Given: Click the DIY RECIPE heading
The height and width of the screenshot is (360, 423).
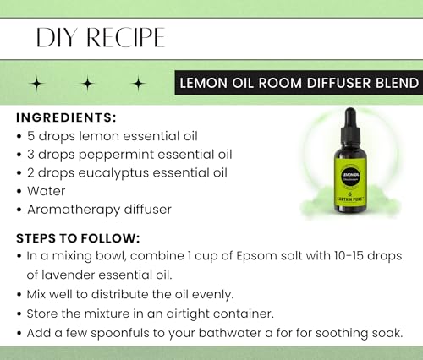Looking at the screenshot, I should click(100, 37).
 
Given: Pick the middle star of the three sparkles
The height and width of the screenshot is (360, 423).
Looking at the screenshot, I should click(88, 83).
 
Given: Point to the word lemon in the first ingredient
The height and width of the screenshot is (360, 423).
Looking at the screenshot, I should click(98, 136).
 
